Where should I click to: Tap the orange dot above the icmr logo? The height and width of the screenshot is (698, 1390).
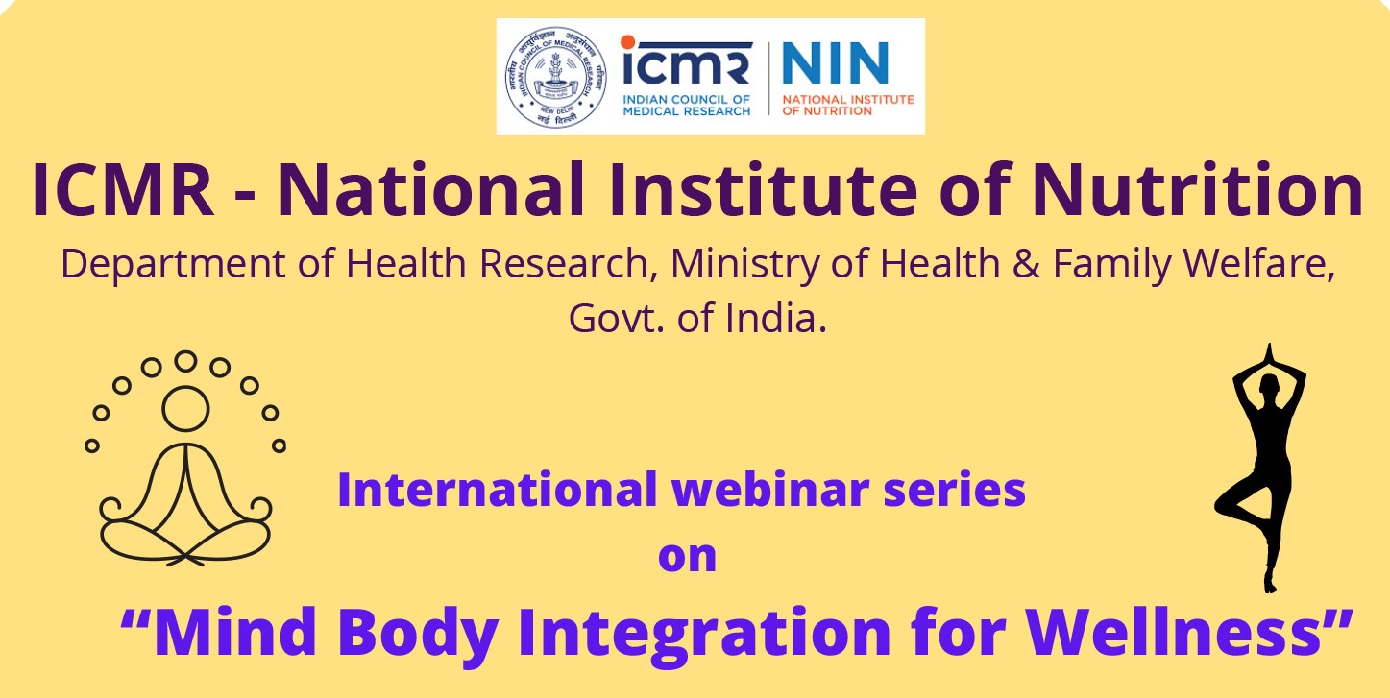[627, 41]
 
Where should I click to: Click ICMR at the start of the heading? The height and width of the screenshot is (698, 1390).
[123, 191]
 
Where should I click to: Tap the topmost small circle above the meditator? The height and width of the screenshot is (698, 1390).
[185, 361]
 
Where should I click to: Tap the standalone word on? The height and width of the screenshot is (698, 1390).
[687, 556]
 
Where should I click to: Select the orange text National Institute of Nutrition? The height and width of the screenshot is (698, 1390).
[848, 105]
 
